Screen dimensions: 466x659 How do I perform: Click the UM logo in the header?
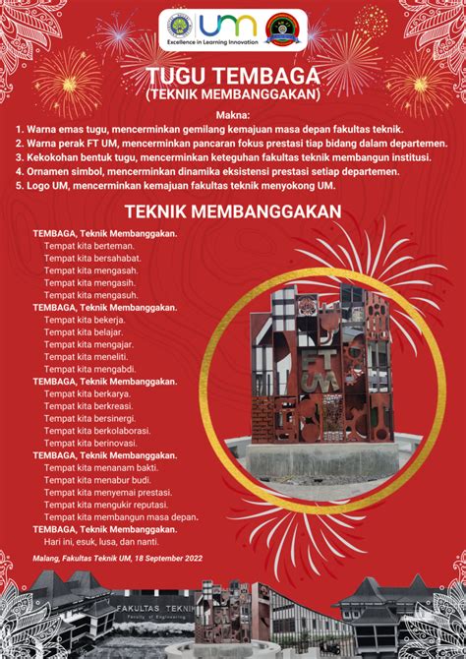(x=227, y=24)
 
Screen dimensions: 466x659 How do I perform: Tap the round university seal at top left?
(x=180, y=26)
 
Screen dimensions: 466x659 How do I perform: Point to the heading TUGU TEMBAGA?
(x=232, y=78)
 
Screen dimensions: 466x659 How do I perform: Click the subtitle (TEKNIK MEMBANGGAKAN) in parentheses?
(x=232, y=94)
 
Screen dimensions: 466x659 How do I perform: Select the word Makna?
(x=232, y=114)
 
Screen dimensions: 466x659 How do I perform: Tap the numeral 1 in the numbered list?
(x=19, y=129)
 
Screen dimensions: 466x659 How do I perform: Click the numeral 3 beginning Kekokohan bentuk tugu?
(x=19, y=157)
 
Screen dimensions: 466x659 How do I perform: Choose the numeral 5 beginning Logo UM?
(x=19, y=186)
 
